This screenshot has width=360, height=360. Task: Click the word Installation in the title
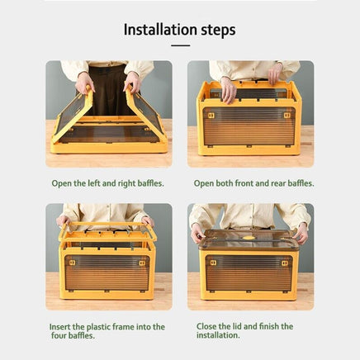tap(160, 30)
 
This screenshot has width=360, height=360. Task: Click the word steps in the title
tap(218, 31)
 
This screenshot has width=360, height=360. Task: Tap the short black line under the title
tap(181, 45)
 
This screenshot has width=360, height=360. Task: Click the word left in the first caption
tap(93, 183)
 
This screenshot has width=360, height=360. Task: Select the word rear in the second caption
tap(278, 183)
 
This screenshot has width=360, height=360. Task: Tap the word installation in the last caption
tap(217, 335)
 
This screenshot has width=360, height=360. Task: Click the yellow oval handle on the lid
tap(249, 238)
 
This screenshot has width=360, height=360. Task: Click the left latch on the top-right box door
tap(211, 116)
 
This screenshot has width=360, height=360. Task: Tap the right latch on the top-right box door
tap(287, 116)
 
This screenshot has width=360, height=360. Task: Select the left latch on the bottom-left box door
tap(72, 263)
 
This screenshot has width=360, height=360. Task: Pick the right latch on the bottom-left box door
tap(142, 263)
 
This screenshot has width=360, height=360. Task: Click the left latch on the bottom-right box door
tap(213, 263)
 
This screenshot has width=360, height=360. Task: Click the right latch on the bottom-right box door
tap(285, 263)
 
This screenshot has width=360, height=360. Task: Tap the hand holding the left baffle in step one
tap(84, 83)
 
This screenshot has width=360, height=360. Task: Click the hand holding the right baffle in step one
tap(132, 82)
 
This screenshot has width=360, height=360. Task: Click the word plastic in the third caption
tap(98, 327)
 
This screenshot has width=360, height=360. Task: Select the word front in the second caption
tap(244, 183)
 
